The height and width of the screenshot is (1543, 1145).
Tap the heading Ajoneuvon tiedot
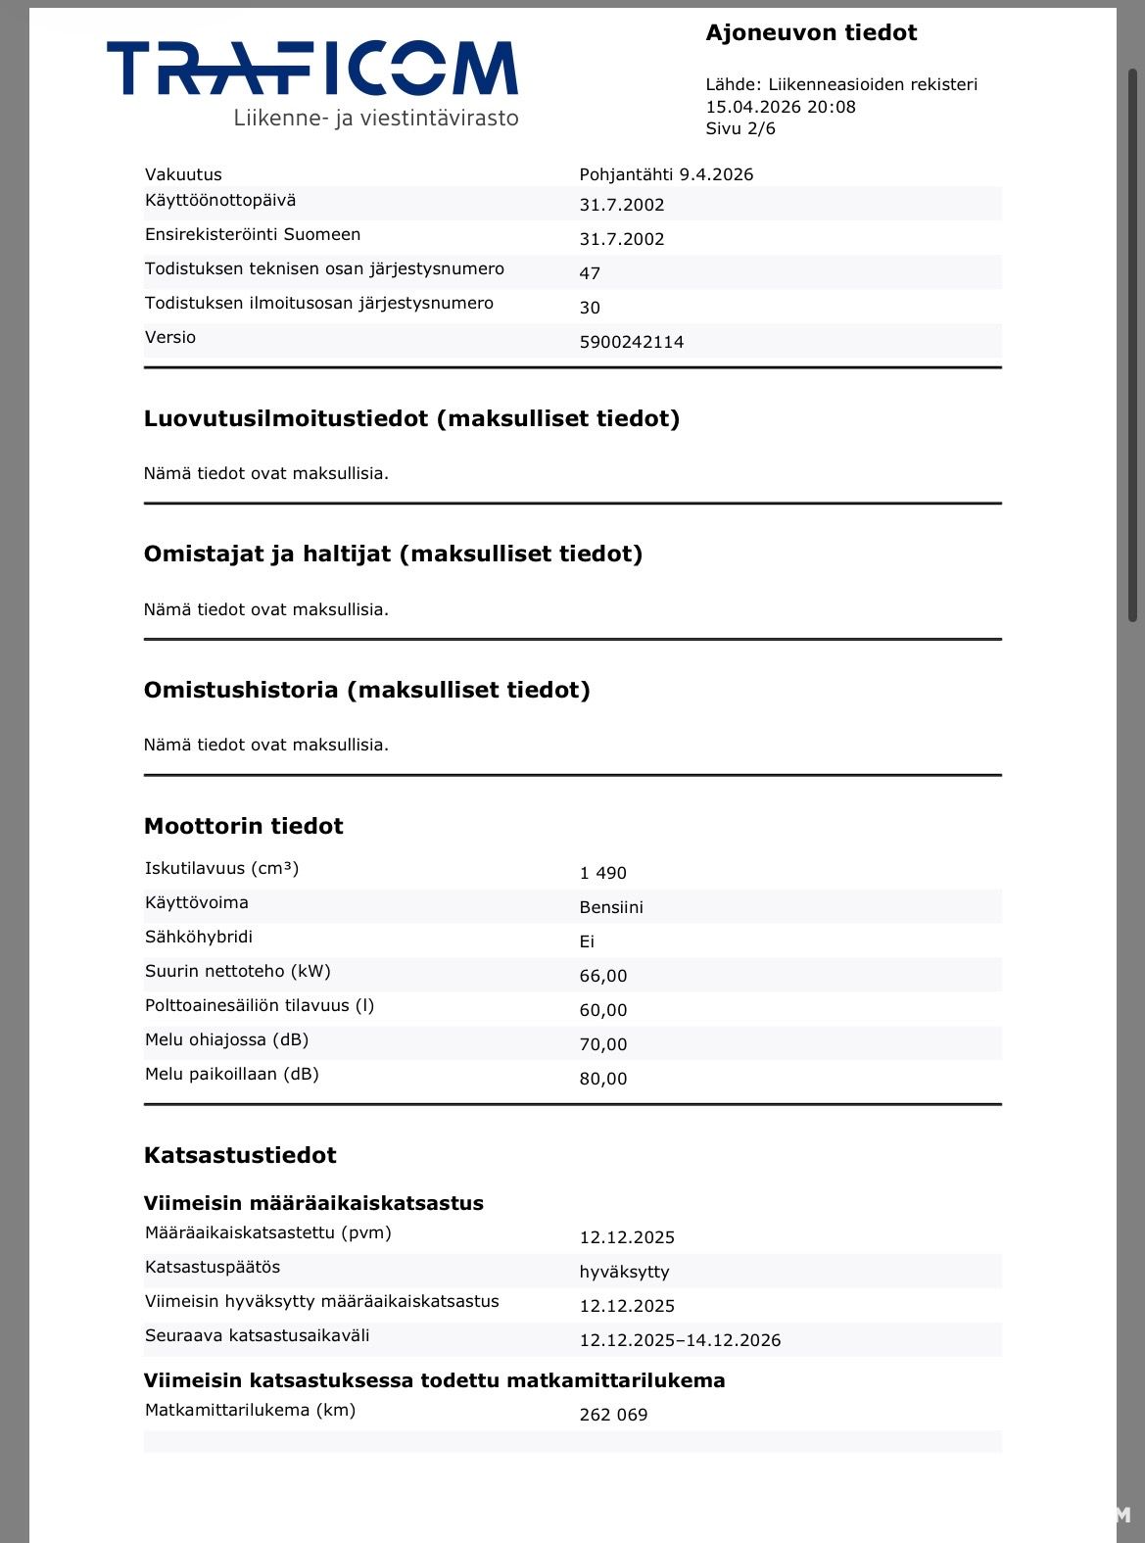point(811,32)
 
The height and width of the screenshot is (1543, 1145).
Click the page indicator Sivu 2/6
point(740,128)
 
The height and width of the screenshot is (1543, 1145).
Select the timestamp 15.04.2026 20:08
point(781,107)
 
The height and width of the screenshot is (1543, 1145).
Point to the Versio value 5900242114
point(632,342)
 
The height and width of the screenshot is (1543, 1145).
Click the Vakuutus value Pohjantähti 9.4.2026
point(666,174)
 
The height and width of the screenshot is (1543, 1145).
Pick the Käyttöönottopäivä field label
point(220,200)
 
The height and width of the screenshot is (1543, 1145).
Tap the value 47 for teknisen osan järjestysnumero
point(590,273)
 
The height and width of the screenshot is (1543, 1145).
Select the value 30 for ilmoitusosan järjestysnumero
point(590,308)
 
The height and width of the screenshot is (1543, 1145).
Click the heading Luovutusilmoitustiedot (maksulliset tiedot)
point(411,418)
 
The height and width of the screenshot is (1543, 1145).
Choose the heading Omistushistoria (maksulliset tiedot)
point(366,690)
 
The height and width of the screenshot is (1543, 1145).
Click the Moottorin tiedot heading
point(243,826)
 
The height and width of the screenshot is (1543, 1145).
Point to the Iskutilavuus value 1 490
point(602,873)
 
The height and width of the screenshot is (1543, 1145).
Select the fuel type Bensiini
point(611,907)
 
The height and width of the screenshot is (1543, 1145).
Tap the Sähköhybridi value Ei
point(587,941)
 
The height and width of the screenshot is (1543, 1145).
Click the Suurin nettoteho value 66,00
point(602,976)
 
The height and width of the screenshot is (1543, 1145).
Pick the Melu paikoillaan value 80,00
point(602,1079)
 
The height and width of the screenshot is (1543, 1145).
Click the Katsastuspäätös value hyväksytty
point(624,1272)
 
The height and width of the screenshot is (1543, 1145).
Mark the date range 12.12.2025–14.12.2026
point(680,1340)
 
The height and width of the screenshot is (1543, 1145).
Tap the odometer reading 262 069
point(613,1415)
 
